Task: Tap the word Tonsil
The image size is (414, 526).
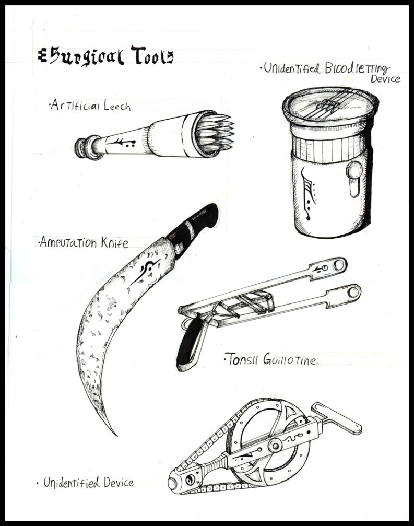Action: tap(242, 360)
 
